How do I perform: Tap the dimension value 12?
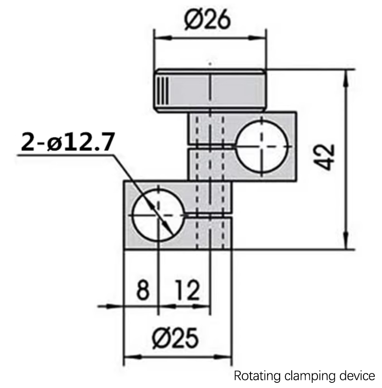[x=187, y=290]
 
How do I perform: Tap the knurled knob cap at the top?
[x=210, y=90]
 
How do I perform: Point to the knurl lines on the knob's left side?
[x=162, y=90]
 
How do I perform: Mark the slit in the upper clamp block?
[x=212, y=145]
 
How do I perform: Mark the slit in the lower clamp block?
[x=209, y=215]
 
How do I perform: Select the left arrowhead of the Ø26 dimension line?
[x=160, y=38]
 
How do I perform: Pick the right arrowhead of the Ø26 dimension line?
[x=260, y=38]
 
